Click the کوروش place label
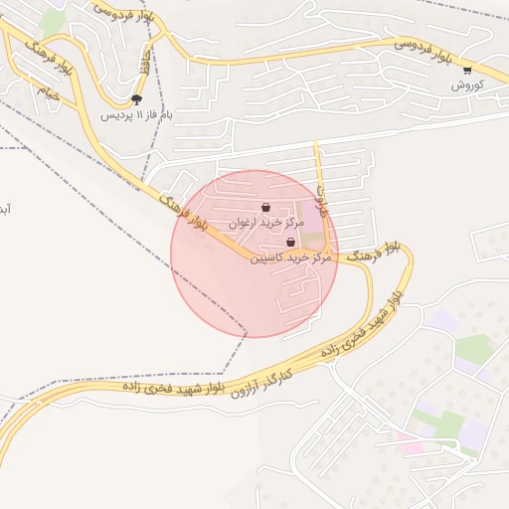click(466, 85)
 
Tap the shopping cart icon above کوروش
click(467, 70)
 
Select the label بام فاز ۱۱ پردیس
click(136, 114)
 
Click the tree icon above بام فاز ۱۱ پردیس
click(136, 98)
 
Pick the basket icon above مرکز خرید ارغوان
click(264, 207)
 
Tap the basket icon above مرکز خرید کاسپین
click(290, 242)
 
